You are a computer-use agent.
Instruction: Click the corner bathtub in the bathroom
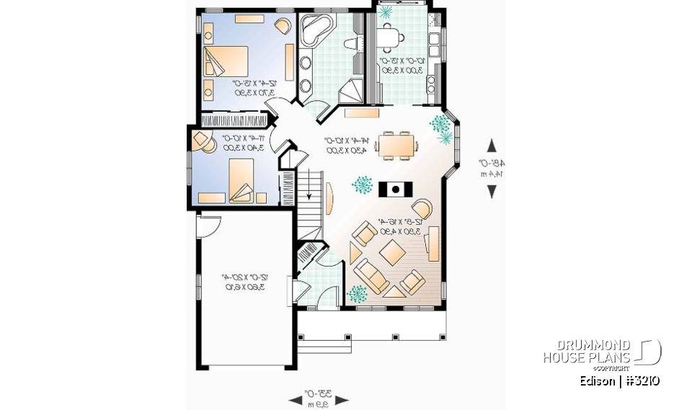pyautogui.click(x=316, y=30)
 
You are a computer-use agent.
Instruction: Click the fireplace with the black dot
pyautogui.click(x=395, y=189)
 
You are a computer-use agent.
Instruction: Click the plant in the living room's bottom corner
pyautogui.click(x=356, y=293)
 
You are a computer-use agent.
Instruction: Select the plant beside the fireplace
pyautogui.click(x=362, y=185)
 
